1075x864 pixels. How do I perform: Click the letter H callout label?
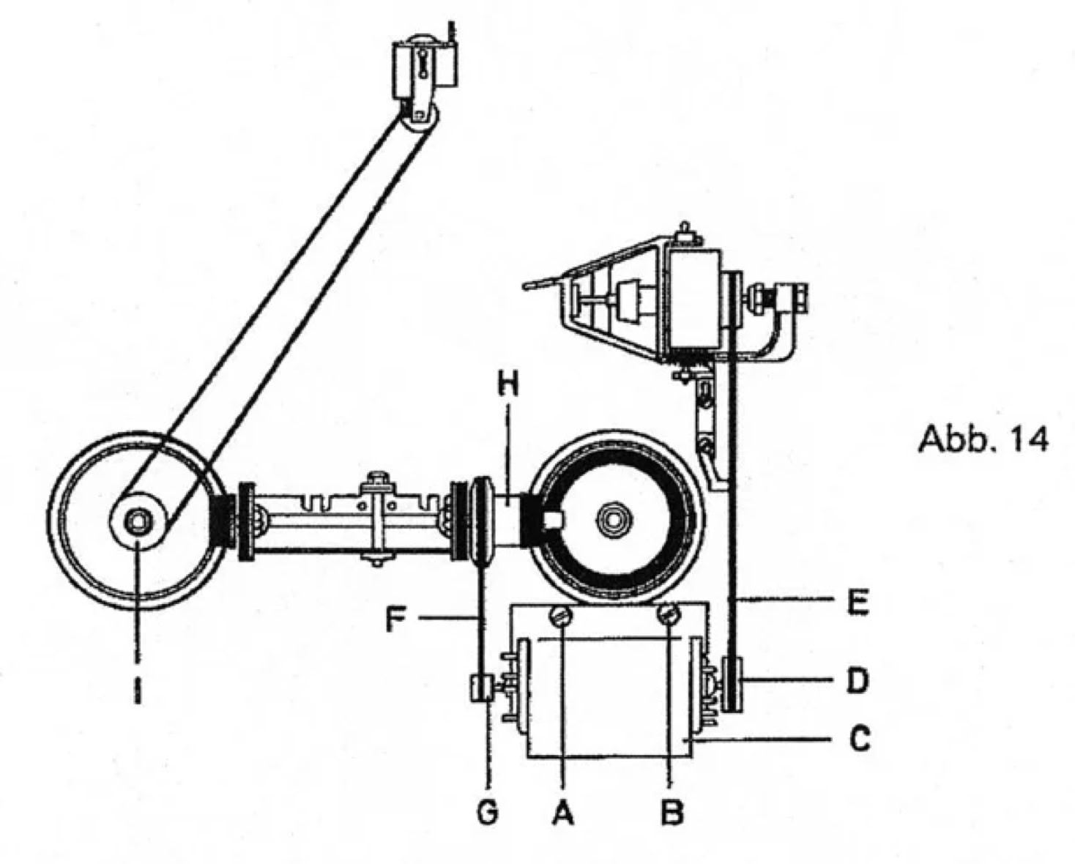(x=508, y=387)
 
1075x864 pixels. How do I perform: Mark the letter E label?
(x=858, y=602)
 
